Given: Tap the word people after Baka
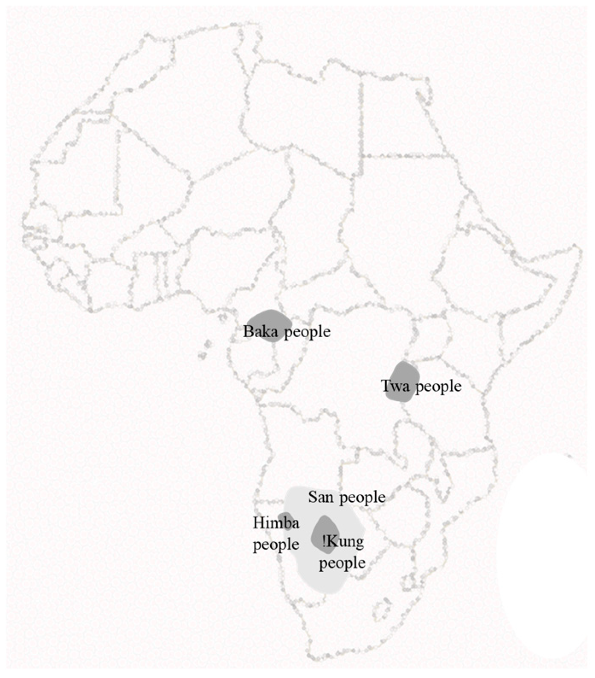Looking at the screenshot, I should [308, 332].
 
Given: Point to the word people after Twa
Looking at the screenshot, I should [438, 387].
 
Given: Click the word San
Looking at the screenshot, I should [321, 497].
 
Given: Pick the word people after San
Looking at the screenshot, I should [363, 498].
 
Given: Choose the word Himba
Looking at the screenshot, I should [276, 523].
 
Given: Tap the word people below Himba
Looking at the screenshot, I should [276, 545].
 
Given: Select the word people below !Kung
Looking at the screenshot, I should [342, 563].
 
